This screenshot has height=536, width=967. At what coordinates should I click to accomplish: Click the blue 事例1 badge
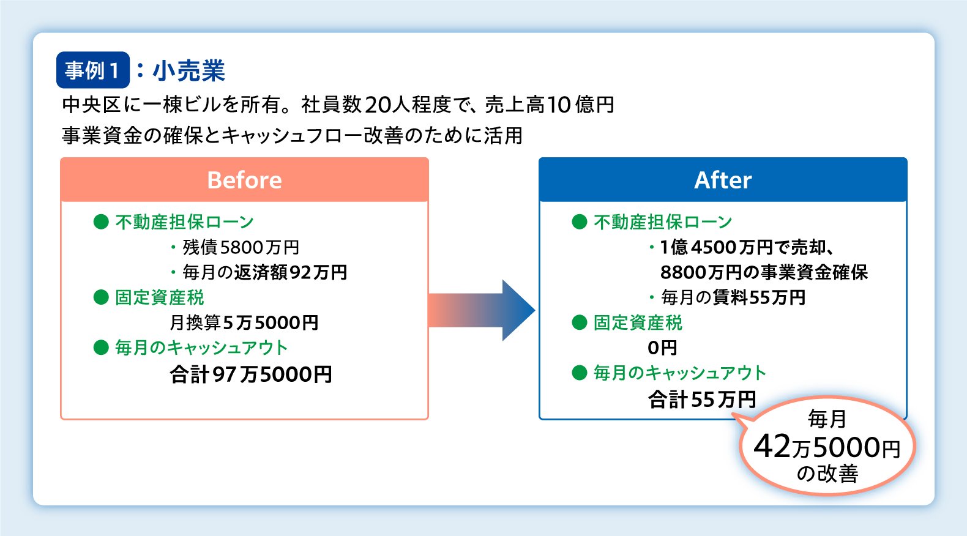click(92, 70)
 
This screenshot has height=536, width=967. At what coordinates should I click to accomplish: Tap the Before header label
click(244, 180)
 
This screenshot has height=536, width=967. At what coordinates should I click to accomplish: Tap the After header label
click(722, 180)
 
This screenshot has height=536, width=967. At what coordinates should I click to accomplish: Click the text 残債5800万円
click(241, 247)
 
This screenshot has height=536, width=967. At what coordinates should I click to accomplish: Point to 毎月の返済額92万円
click(264, 272)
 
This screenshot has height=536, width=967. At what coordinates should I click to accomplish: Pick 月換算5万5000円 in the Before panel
click(244, 322)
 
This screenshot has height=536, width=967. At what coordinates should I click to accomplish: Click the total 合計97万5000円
click(251, 374)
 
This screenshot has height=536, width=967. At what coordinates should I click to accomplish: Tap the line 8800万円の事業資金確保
click(764, 272)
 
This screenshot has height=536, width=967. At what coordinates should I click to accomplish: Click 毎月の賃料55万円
click(733, 297)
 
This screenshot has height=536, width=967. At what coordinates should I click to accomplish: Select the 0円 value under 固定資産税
click(662, 348)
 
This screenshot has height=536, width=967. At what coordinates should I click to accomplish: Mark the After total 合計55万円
click(702, 399)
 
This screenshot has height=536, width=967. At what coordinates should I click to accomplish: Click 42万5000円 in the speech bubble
click(827, 447)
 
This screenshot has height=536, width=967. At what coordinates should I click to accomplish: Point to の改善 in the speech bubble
click(827, 474)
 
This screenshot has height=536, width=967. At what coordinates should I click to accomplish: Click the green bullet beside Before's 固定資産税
click(101, 297)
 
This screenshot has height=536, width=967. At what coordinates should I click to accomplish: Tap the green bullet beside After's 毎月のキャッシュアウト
click(579, 373)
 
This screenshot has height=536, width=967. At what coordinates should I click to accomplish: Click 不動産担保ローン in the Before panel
click(184, 221)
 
